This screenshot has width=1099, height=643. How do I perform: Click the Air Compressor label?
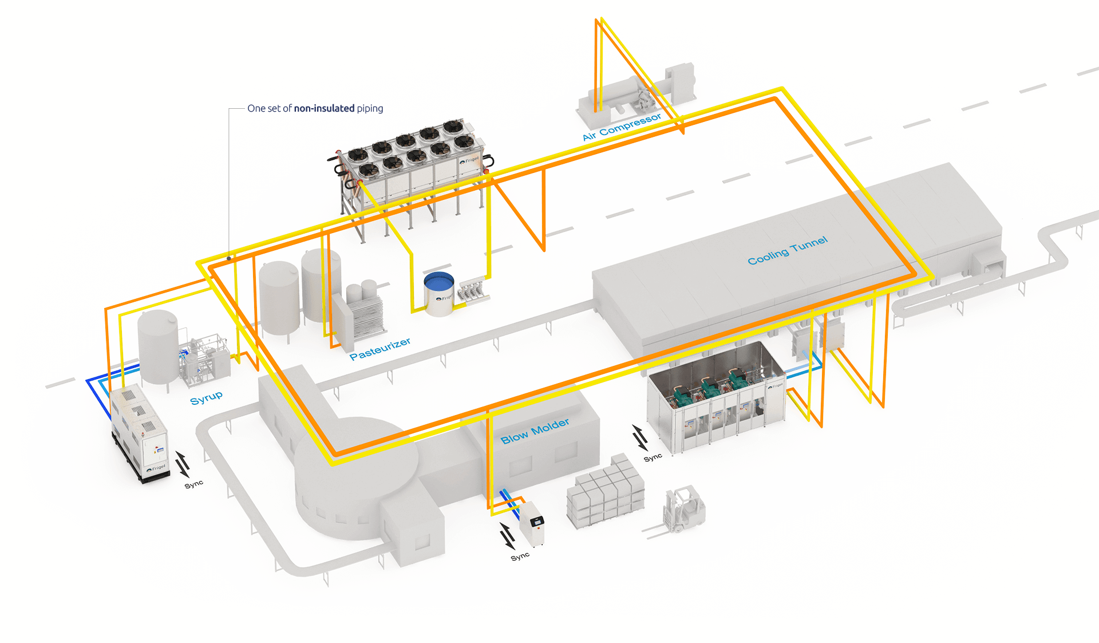pyautogui.click(x=622, y=127)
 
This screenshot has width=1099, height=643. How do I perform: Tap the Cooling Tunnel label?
pyautogui.click(x=788, y=251)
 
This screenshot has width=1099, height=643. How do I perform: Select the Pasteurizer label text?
pyautogui.click(x=380, y=349)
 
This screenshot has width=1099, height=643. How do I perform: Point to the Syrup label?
pyautogui.click(x=206, y=397)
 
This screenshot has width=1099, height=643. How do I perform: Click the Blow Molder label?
pyautogui.click(x=535, y=431)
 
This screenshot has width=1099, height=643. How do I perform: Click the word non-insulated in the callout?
pyautogui.click(x=324, y=108)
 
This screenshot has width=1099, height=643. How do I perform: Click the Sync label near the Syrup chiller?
pyautogui.click(x=194, y=484)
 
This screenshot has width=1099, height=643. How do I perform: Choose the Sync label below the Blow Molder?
pyautogui.click(x=520, y=557)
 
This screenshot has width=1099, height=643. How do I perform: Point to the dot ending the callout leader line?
pyautogui.click(x=229, y=258)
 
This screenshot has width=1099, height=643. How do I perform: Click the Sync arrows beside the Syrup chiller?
pyautogui.click(x=182, y=464)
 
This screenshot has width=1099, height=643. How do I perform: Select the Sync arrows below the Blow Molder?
pyautogui.click(x=507, y=536)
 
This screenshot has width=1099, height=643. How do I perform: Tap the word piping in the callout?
pyautogui.click(x=370, y=108)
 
